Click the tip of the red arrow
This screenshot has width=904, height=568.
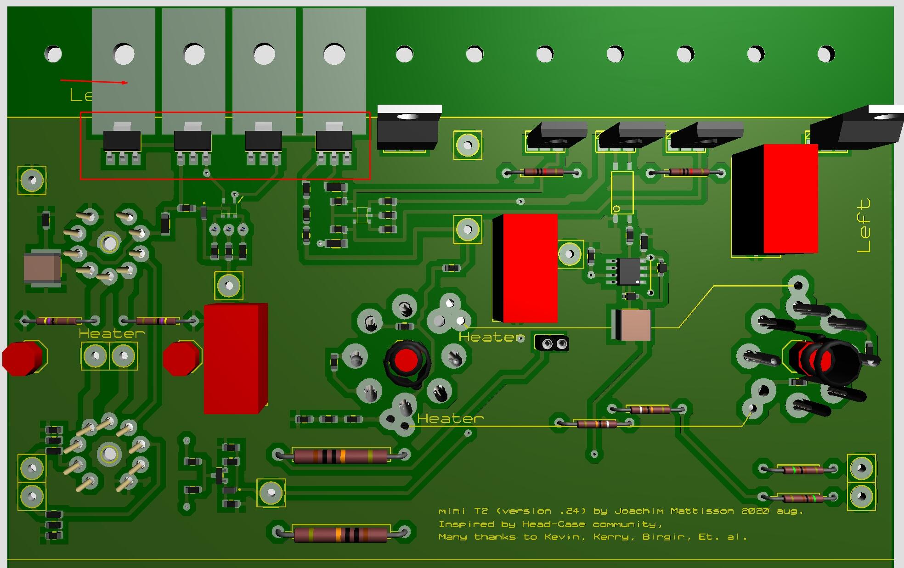point(128,83)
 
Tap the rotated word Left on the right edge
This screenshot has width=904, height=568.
point(864,225)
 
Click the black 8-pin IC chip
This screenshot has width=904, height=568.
point(628,271)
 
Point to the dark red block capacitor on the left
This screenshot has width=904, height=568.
point(235,358)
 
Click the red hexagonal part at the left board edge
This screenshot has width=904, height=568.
point(23,358)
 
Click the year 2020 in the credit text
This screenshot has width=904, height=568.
point(755,511)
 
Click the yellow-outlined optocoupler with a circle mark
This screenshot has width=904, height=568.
point(622,192)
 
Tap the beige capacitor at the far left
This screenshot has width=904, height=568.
point(42,269)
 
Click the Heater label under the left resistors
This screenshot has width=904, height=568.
point(112,333)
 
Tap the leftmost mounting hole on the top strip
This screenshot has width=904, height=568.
point(53,54)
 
